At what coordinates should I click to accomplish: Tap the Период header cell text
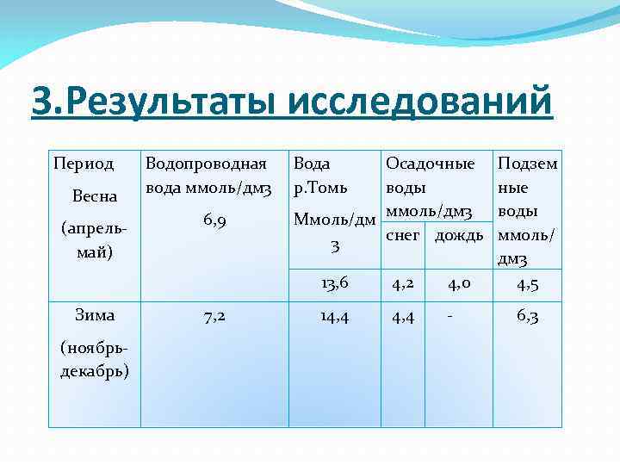click(x=84, y=163)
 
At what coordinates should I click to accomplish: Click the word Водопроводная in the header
click(x=206, y=163)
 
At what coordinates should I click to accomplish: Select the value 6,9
click(x=215, y=221)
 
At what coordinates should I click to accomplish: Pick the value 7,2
click(x=215, y=315)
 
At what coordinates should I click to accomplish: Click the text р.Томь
click(x=320, y=188)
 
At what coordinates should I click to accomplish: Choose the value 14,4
click(x=334, y=316)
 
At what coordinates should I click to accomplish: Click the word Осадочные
click(x=430, y=163)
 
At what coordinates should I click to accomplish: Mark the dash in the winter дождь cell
click(x=449, y=316)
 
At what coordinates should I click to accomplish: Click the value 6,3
click(x=528, y=316)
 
